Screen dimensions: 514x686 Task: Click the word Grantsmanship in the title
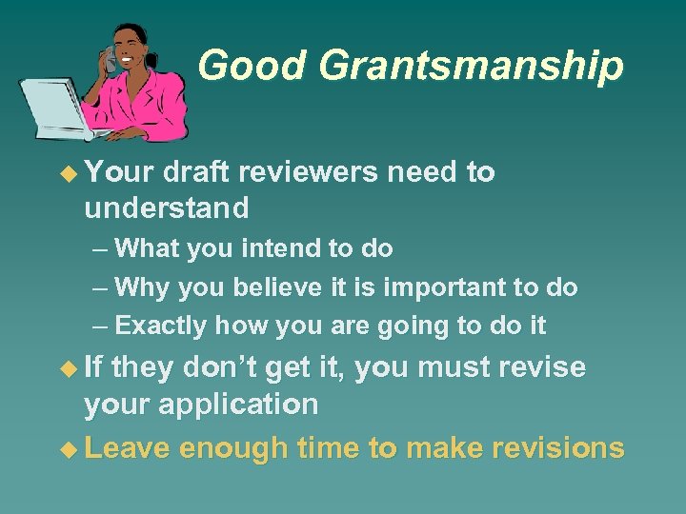click(471, 67)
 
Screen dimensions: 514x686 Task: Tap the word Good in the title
click(252, 67)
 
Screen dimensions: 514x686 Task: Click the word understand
click(167, 207)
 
